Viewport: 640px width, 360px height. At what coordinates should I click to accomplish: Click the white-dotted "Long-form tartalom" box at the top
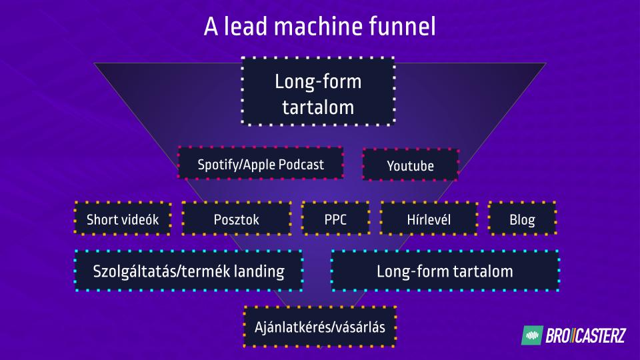point(318,92)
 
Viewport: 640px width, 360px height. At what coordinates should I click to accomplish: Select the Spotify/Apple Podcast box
point(261,164)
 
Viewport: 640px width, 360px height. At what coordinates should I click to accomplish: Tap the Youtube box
point(410,165)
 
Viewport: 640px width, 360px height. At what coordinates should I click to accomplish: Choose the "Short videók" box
point(123,219)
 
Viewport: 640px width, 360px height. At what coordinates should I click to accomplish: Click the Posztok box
point(237,219)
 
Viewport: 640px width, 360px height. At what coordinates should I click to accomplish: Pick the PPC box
point(335,219)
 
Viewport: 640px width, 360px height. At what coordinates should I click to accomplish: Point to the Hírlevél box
point(429,219)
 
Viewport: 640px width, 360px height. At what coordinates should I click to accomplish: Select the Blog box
point(522,219)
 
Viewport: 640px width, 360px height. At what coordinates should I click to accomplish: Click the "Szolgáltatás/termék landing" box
point(189,271)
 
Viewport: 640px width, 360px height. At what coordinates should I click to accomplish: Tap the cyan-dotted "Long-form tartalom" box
point(445,271)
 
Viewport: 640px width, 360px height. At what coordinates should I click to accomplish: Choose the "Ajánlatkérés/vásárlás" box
point(320,327)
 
